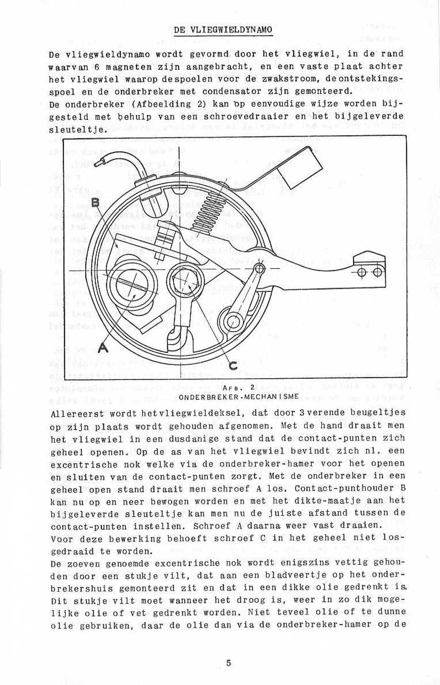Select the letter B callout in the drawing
tap(96, 202)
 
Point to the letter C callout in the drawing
tap(233, 364)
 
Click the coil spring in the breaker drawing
tap(208, 208)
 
